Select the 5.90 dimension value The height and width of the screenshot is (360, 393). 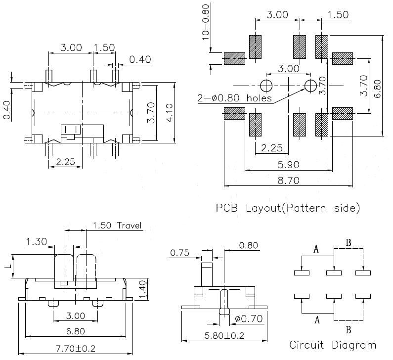(287, 165)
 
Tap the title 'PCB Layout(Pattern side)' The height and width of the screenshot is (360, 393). (287, 207)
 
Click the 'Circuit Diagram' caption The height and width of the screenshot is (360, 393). (332, 345)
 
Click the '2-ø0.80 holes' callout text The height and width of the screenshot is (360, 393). (235, 98)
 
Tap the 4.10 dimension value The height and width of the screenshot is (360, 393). (168, 113)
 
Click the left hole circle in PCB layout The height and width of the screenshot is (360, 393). (266, 86)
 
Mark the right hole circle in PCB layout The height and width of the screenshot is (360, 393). (310, 86)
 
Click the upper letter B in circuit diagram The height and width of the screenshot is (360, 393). (348, 243)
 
